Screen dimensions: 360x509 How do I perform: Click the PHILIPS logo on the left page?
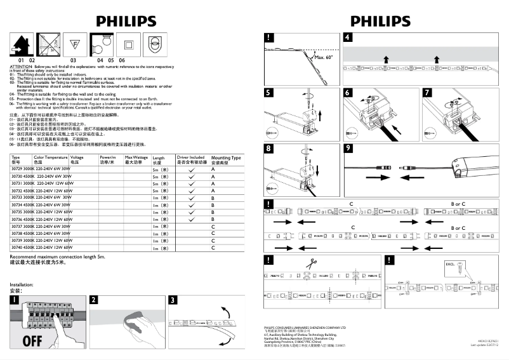coord(126,21)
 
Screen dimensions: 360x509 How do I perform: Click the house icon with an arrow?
coord(20,44)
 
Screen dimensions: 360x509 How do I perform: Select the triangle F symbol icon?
coord(73,44)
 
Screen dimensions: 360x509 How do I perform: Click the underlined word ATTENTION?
coord(21,66)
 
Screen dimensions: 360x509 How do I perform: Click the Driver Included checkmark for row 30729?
coord(191,168)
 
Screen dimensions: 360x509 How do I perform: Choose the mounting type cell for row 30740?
coord(213,248)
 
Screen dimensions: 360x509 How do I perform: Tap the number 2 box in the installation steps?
coord(94,300)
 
